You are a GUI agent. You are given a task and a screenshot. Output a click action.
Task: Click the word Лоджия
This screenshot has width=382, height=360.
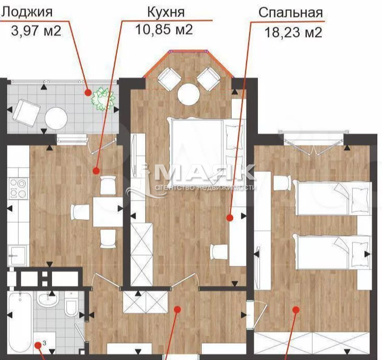[27, 12]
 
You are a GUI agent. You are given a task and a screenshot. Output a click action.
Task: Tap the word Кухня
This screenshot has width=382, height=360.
[166, 12]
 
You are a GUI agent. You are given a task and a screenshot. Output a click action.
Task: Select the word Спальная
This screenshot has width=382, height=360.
[291, 13]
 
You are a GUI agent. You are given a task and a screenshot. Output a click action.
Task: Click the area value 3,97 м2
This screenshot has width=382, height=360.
[36, 31]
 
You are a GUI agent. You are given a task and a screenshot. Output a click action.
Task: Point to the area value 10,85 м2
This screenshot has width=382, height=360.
[164, 30]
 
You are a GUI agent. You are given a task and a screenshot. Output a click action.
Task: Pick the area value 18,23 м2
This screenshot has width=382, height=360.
[293, 32]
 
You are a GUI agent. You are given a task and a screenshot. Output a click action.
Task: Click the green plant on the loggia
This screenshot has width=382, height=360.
[103, 100]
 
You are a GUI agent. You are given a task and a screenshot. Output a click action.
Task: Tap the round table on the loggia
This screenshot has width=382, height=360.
[56, 119]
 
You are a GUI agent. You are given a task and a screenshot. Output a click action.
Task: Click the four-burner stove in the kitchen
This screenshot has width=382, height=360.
[18, 188]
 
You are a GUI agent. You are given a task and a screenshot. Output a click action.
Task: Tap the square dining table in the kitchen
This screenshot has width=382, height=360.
[108, 212]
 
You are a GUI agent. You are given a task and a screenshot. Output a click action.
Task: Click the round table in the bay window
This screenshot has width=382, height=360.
[189, 94]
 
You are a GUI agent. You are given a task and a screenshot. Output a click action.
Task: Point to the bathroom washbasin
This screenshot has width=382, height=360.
[48, 298]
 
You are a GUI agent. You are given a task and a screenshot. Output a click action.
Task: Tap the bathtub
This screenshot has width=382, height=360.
[20, 323]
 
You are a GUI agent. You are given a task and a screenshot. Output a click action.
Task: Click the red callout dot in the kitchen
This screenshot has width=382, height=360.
[96, 171]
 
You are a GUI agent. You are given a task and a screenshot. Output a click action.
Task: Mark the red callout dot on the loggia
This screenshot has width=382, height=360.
[88, 93]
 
